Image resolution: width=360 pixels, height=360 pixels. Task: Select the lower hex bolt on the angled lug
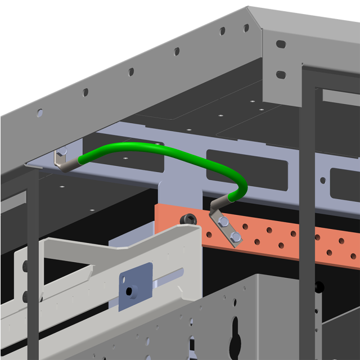pos(235,236)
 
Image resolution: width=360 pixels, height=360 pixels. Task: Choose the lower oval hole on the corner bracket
pos(280,74)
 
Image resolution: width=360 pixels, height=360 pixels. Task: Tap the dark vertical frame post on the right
pos(307,225)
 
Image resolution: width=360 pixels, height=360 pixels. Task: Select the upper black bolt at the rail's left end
pos(24,266)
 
